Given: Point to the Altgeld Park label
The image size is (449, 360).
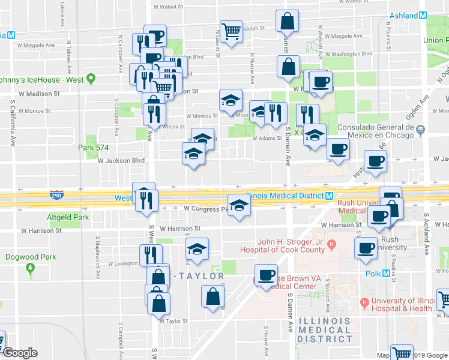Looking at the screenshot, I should point(68,217).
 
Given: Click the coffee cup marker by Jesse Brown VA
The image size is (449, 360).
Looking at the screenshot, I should point(266,275).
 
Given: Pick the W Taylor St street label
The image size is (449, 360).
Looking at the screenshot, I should point(173,321).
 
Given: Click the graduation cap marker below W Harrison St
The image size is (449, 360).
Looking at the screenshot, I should point(196,248).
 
